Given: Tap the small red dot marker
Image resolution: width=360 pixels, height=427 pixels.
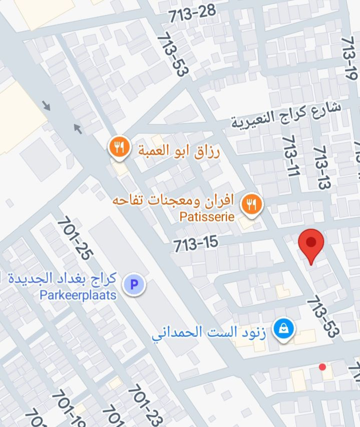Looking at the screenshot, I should click(322, 367).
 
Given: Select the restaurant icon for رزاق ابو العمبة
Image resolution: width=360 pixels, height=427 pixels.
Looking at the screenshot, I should click(119, 148).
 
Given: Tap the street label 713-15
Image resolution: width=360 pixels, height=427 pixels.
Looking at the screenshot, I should click(196, 244).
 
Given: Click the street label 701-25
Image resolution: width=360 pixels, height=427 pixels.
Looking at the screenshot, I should click(75, 238).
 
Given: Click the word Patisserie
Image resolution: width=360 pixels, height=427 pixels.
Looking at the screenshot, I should click(207, 217).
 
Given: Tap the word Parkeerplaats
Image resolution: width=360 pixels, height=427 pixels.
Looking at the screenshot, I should click(78, 295).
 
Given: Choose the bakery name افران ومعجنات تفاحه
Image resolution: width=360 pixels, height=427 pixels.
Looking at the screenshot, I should click(173, 201).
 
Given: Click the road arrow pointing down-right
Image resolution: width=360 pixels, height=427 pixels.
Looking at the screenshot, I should click(46, 106).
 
